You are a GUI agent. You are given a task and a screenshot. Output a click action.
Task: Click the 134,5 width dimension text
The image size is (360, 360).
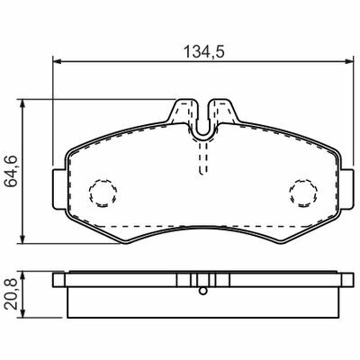pyautogui.click(x=203, y=51)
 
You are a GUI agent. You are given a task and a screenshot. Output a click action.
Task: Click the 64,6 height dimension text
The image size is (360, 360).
pyautogui.click(x=13, y=171)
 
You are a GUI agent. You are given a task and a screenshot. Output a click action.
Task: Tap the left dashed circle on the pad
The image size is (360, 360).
pyautogui.click(x=103, y=193)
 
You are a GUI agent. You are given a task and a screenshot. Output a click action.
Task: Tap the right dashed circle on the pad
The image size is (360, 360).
pyautogui.click(x=303, y=193)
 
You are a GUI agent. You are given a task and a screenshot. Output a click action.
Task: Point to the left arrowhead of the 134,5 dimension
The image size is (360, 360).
pyautogui.click(x=57, y=61)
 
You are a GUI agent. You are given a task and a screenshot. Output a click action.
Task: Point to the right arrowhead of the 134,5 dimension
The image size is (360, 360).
pyautogui.click(x=349, y=61)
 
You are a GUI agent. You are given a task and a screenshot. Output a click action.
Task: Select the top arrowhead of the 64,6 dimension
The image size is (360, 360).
pyautogui.click(x=22, y=103)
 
